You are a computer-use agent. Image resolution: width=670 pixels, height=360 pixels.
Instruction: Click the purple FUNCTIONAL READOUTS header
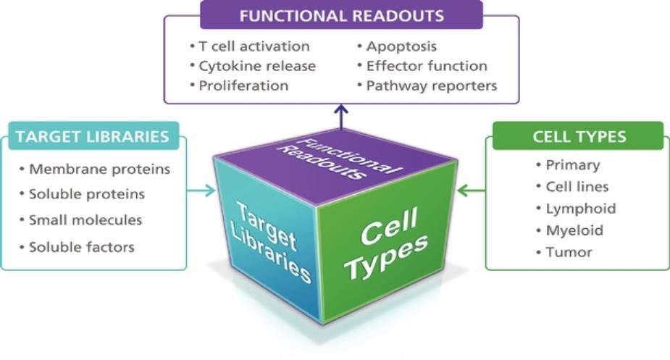pos(341,15)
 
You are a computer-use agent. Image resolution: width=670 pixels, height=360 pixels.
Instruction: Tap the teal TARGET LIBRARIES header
pos(92,136)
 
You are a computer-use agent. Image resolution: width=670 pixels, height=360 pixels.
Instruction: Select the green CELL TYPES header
pos(579,136)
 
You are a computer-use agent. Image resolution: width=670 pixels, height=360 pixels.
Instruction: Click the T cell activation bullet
pos(254,46)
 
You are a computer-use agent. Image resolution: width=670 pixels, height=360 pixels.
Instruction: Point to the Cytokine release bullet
pos(257,66)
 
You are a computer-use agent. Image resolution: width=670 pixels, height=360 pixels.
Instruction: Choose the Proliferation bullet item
pos(243,85)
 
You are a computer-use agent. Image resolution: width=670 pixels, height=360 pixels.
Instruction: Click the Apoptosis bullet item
pos(401,46)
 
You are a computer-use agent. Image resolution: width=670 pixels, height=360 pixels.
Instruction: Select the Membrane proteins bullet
pos(99,169)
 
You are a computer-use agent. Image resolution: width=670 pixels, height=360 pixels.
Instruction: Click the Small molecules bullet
pos(85,220)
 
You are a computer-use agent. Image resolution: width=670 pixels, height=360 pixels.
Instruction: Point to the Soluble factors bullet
pos(81,247)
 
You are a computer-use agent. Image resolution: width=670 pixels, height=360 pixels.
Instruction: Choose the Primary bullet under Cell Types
pos(572,164)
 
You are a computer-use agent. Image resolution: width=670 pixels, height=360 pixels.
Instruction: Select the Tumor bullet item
pos(569,252)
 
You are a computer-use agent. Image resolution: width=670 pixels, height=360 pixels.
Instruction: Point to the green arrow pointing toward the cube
pos(472,191)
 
